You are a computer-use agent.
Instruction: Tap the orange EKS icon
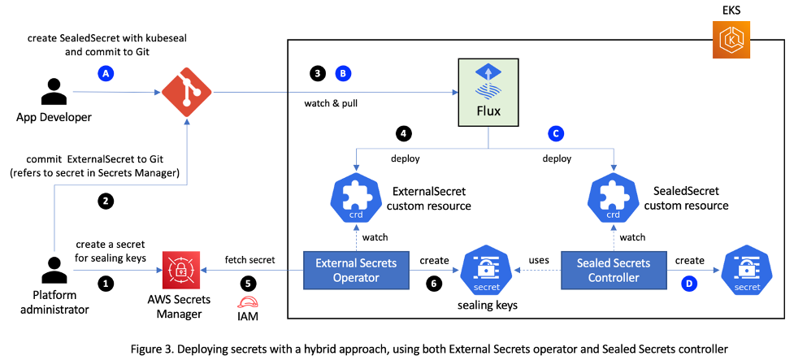(x=731, y=41)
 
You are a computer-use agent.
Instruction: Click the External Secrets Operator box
(x=354, y=271)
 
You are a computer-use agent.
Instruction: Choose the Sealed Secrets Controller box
(x=613, y=271)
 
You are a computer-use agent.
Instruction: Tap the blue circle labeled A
(x=103, y=73)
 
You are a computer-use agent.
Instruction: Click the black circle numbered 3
(x=318, y=72)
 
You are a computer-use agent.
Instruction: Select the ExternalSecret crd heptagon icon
(x=354, y=194)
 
